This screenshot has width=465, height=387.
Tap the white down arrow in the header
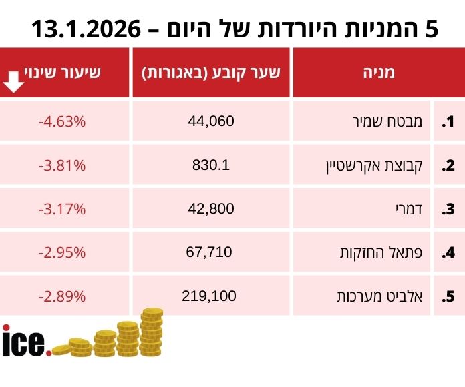pyautogui.click(x=13, y=81)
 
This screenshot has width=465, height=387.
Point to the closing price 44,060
pyautogui.click(x=212, y=121)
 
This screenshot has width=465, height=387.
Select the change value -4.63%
pyautogui.click(x=62, y=122)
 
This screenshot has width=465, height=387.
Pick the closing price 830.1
pyautogui.click(x=210, y=165)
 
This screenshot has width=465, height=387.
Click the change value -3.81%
pyautogui.click(x=62, y=165)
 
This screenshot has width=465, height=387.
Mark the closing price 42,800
pyautogui.click(x=212, y=208)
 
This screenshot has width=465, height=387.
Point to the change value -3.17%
pyautogui.click(x=62, y=209)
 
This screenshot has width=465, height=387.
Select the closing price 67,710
pyautogui.click(x=210, y=252)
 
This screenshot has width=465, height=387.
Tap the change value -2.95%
pyautogui.click(x=62, y=252)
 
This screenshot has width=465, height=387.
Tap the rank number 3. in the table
pyautogui.click(x=448, y=209)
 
